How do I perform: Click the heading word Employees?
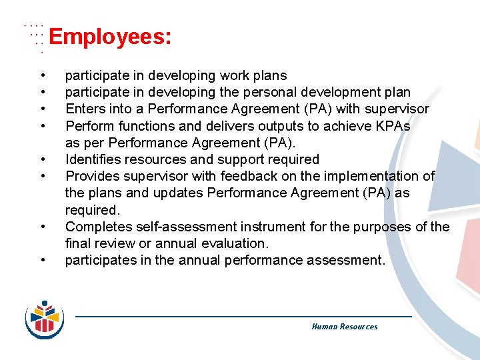pos(110,36)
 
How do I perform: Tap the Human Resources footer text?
pos(344,327)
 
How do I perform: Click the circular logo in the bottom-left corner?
pos(44,317)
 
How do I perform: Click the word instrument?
pos(265,227)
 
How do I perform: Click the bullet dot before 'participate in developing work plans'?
pos(43,75)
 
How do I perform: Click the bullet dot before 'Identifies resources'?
pos(43,159)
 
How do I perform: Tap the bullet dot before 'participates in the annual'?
pos(43,260)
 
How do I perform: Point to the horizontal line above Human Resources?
pos(243,315)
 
